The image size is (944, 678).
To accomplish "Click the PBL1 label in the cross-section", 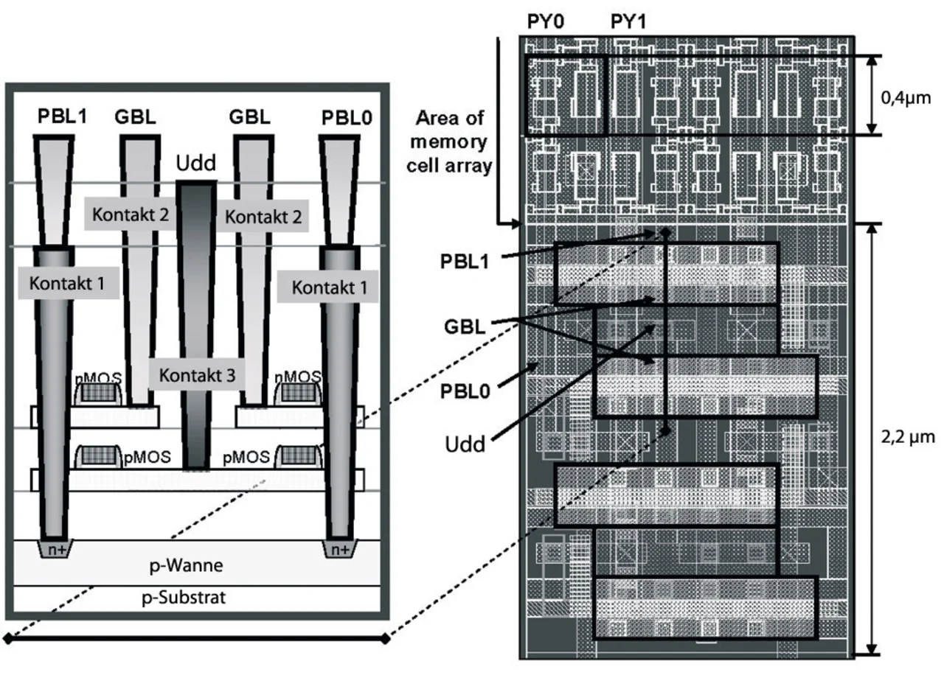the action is click(62, 116).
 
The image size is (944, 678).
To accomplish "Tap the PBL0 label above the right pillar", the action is click(347, 118).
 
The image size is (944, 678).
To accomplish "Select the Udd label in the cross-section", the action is click(195, 163).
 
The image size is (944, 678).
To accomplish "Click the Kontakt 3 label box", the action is click(197, 375).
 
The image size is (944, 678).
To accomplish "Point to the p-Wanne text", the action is click(186, 565).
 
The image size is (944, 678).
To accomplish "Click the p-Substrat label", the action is click(184, 597).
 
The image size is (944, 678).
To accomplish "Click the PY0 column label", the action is click(545, 21).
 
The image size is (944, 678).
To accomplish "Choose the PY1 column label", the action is click(628, 21).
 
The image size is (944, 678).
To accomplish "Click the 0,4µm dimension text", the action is click(906, 98).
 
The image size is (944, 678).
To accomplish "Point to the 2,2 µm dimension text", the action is click(908, 438).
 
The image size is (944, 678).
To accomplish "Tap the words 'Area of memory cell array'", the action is click(449, 142).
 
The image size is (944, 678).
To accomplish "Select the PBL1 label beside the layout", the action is click(465, 262).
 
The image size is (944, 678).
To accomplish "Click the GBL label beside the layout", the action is click(465, 326).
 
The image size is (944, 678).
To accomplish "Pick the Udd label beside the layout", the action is click(465, 444).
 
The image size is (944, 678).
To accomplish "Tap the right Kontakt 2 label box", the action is click(263, 217).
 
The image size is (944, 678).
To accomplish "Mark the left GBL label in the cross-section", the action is click(135, 116).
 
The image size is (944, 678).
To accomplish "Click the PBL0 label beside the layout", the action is click(465, 391).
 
